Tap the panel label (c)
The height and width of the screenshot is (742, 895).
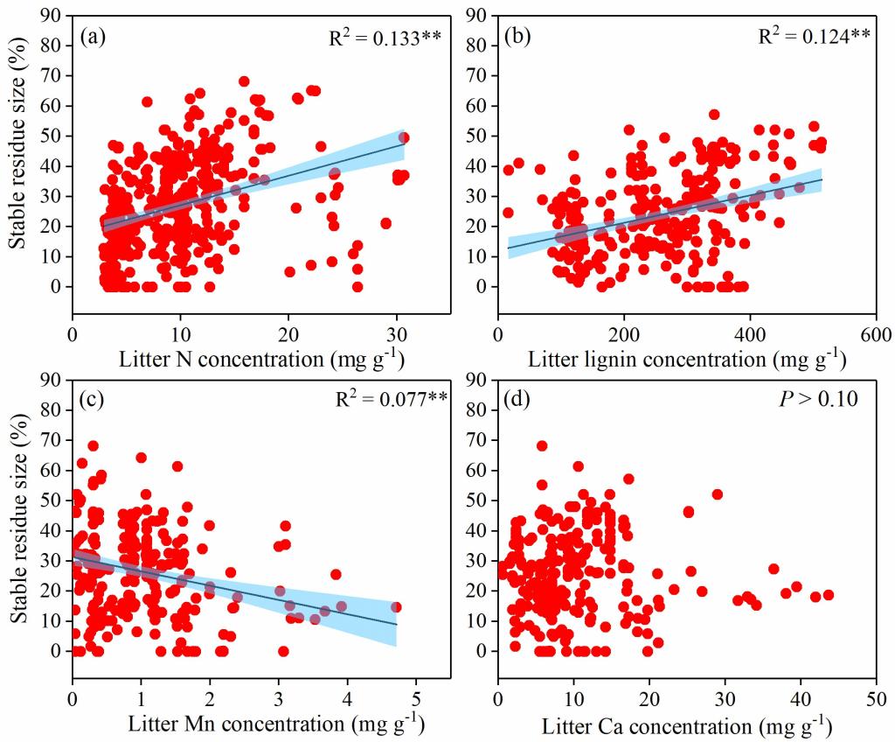[94, 401]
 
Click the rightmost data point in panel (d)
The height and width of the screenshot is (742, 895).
[828, 595]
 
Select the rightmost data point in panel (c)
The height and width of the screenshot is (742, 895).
[396, 606]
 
